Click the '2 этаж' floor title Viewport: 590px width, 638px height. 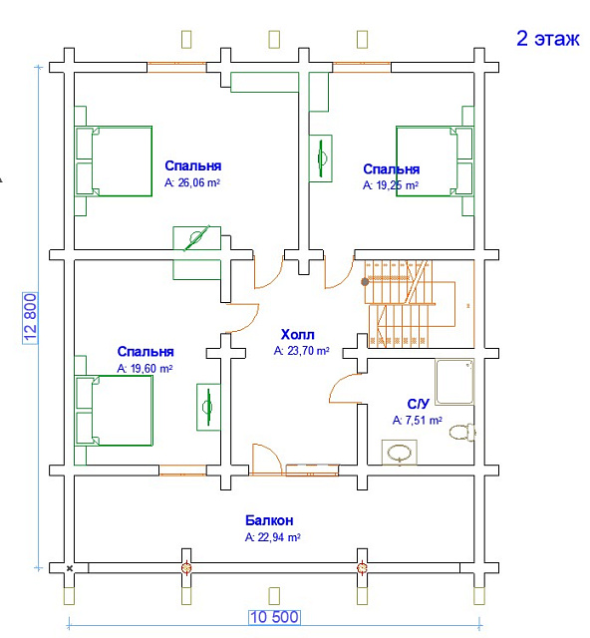(548, 39)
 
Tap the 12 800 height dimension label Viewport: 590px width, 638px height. (31, 318)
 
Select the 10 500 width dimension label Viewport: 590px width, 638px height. (275, 617)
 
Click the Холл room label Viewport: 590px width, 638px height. (297, 335)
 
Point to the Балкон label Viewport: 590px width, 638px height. (269, 520)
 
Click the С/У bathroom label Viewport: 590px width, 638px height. (418, 404)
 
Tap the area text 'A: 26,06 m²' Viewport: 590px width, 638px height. (192, 182)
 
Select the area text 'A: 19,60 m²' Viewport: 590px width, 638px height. (145, 369)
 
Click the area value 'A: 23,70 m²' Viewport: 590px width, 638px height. (302, 351)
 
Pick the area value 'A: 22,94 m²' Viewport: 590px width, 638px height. (273, 537)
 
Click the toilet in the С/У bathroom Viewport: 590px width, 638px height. (462, 432)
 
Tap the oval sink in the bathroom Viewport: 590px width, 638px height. (400, 452)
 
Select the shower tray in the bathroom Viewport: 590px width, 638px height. (454, 382)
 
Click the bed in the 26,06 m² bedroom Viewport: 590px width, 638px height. (114, 161)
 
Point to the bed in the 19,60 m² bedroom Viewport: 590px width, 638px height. (114, 411)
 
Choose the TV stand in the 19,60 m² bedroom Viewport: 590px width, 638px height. (208, 407)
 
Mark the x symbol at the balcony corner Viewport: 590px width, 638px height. (70, 568)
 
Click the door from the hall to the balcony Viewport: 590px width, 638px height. (266, 460)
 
